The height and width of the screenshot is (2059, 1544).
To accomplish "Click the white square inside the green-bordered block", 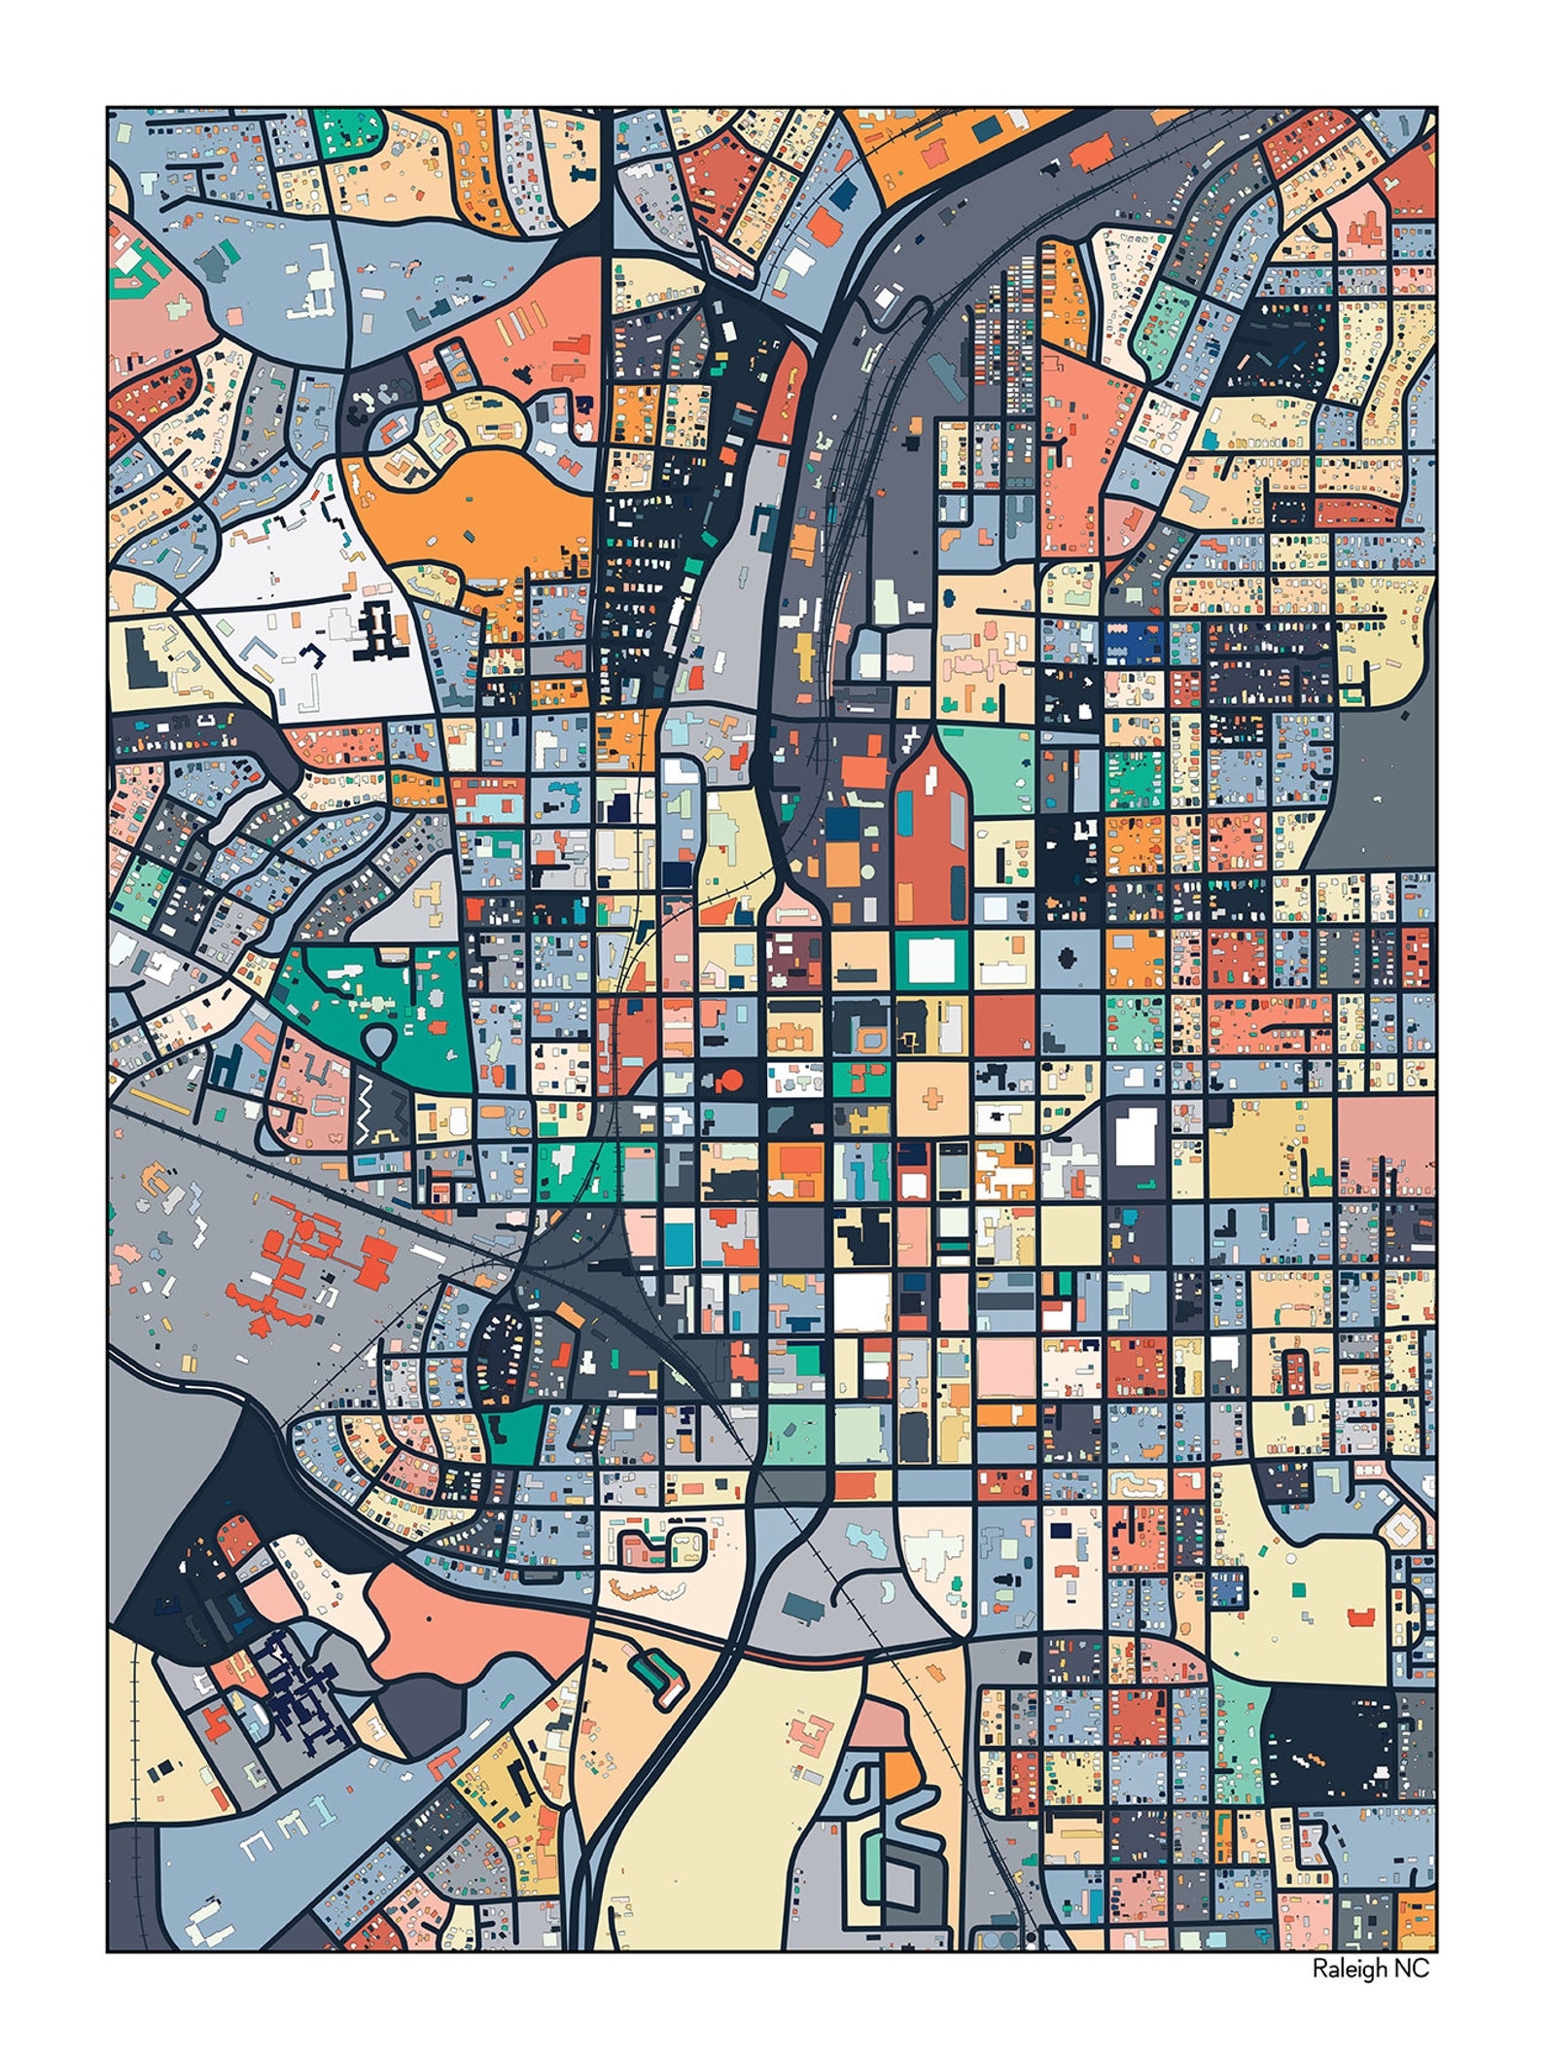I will pos(931,959).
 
